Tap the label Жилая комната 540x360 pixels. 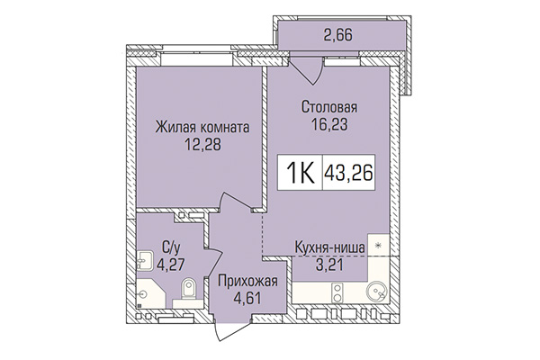pos(201,127)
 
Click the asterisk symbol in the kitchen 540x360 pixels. pos(379,244)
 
